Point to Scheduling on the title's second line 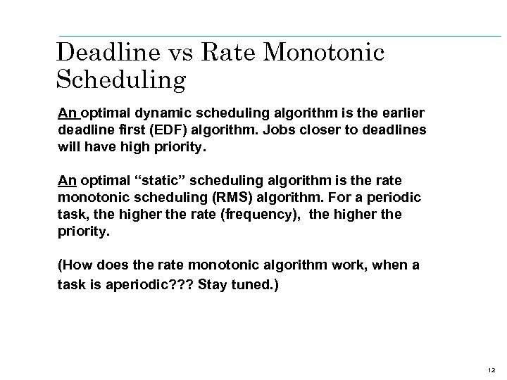point(120,80)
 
